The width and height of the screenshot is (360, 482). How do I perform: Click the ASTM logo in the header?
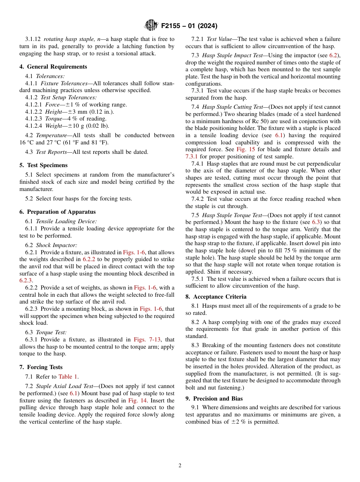click(x=151, y=26)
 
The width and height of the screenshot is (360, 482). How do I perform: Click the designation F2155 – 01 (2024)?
click(x=189, y=26)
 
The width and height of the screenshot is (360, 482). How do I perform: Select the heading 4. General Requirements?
click(x=53, y=67)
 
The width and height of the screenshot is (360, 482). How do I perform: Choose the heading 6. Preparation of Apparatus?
click(x=57, y=212)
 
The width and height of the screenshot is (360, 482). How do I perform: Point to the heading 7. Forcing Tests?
click(x=41, y=367)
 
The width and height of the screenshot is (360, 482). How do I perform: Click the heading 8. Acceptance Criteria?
click(x=216, y=297)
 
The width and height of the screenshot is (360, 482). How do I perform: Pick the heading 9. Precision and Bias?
click(x=214, y=399)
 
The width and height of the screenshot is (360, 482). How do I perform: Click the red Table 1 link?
click(x=68, y=377)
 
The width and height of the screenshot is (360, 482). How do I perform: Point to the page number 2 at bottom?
click(x=180, y=466)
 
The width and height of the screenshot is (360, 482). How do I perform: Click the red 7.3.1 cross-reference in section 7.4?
click(x=193, y=156)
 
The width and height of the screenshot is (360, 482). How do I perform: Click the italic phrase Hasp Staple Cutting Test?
click(x=232, y=107)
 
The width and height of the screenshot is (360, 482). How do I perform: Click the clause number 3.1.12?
click(x=33, y=39)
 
